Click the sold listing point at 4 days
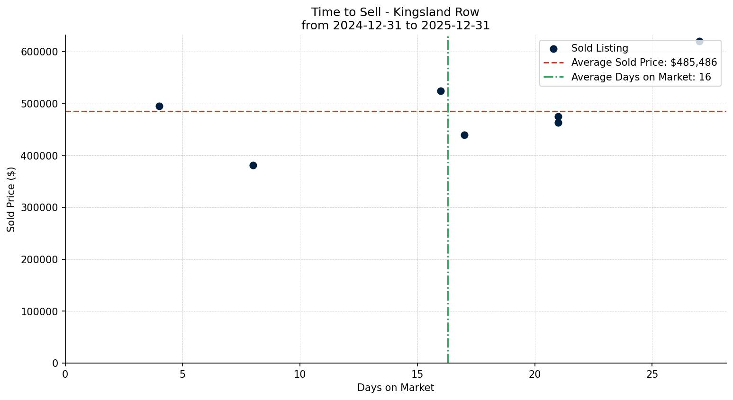[159, 106]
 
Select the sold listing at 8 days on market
[253, 165]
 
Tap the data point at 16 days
[441, 91]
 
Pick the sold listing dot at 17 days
[464, 135]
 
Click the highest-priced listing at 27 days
[699, 41]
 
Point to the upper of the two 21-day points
[558, 116]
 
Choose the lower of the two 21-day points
[558, 123]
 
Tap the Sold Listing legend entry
[599, 48]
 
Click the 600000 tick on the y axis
[39, 52]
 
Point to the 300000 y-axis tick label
[39, 207]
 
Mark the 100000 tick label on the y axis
[39, 311]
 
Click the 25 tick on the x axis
[652, 374]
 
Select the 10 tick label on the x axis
[300, 374]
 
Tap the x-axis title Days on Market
[396, 388]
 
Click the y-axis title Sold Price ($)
[11, 199]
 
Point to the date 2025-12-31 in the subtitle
[457, 26]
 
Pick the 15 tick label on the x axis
[417, 374]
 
